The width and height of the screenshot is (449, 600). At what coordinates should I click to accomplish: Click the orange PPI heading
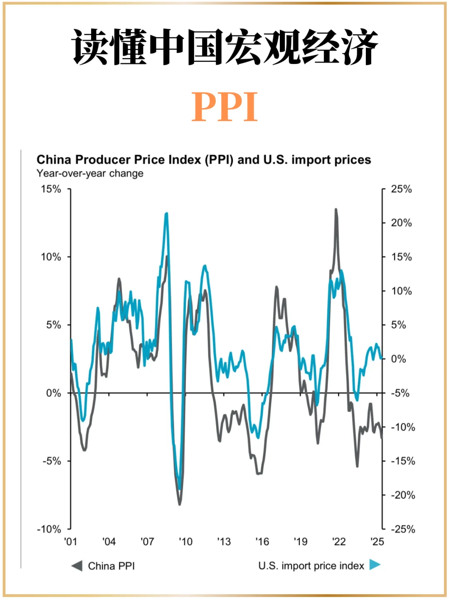click(224, 107)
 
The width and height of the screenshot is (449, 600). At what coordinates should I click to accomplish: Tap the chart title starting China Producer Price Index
click(204, 160)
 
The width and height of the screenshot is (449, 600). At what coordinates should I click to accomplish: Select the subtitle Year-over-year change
click(90, 173)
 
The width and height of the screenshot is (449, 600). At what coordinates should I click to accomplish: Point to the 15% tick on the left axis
click(51, 189)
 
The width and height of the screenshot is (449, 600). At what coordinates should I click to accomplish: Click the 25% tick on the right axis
click(401, 189)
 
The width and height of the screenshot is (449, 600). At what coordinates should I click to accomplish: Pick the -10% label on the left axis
click(49, 529)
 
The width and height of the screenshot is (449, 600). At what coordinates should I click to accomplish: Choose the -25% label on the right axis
click(403, 529)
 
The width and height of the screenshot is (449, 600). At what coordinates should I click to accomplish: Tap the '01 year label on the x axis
click(70, 541)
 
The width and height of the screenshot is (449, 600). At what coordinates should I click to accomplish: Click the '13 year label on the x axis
click(224, 541)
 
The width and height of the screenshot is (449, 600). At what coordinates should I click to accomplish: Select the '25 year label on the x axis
click(377, 541)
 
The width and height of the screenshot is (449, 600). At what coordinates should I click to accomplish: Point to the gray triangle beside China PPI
click(77, 566)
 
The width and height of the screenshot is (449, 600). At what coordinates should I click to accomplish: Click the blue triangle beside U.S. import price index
click(375, 565)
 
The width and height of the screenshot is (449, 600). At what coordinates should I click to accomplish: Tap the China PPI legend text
click(111, 566)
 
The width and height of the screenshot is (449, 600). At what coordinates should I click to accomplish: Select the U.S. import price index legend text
click(311, 566)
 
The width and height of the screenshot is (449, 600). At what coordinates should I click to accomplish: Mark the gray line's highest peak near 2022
click(336, 210)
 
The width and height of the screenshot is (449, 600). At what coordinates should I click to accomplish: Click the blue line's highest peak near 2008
click(167, 214)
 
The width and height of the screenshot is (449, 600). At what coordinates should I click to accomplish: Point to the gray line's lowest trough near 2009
click(180, 504)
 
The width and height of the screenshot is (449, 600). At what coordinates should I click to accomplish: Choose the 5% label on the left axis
click(54, 325)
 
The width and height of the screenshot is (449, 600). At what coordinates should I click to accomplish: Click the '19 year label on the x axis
click(301, 541)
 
